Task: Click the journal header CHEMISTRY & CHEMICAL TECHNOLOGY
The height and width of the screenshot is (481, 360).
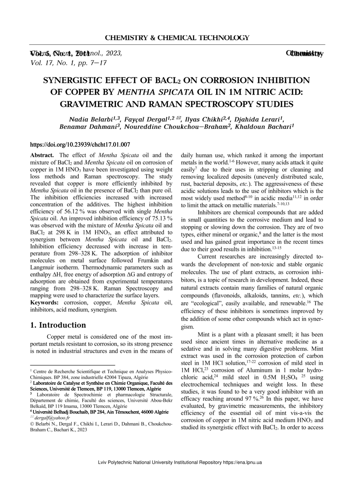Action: (177, 38)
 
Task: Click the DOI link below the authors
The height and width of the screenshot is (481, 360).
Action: (80, 145)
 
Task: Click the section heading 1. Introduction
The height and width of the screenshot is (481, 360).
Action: (58, 325)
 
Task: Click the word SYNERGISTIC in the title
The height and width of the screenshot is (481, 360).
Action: (75, 81)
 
